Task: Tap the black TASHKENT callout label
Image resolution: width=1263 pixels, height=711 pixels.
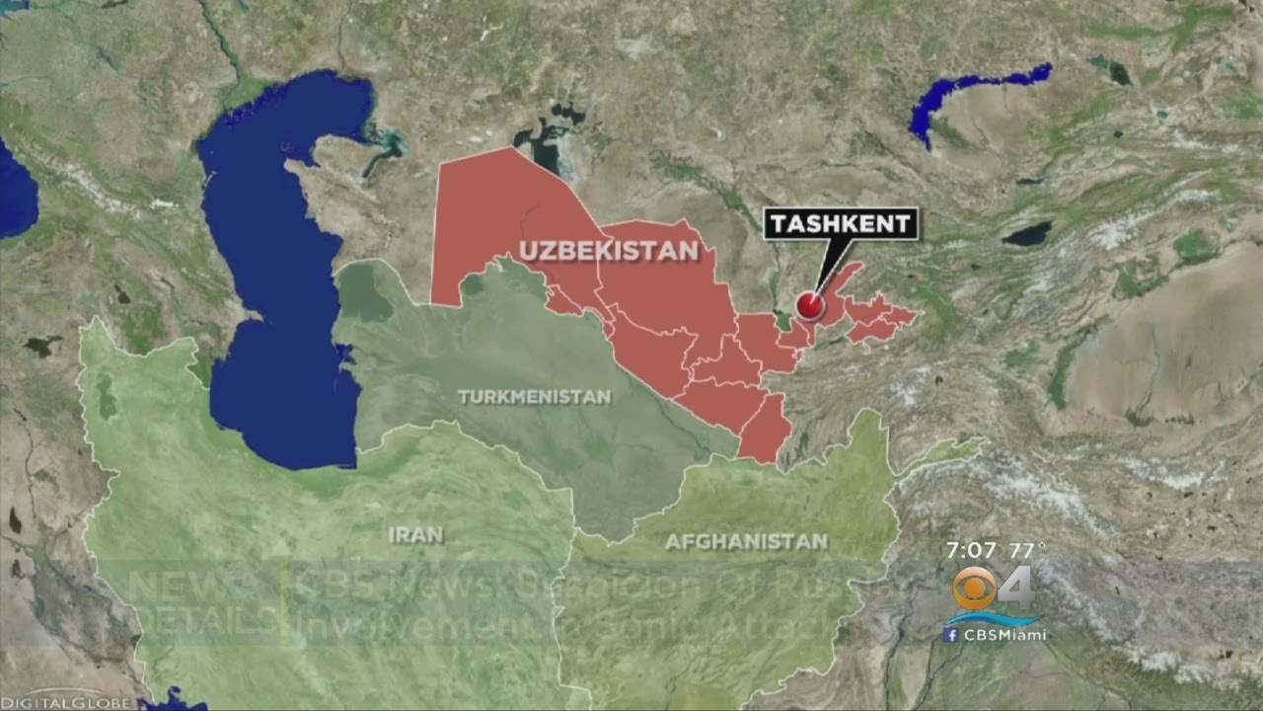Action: (x=841, y=223)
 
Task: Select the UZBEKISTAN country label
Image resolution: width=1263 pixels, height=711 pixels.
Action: (x=609, y=251)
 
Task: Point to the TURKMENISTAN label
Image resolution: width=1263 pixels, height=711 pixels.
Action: (x=534, y=397)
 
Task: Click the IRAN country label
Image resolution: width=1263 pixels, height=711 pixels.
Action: (x=415, y=534)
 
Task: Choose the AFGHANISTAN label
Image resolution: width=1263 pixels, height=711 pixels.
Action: (x=745, y=541)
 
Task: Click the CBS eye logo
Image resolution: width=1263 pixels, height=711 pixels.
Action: (x=974, y=590)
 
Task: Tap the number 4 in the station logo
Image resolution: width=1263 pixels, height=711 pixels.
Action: (x=1016, y=590)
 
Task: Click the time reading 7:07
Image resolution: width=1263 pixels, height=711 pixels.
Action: (x=971, y=549)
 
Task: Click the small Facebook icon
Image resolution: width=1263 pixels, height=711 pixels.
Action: (x=950, y=635)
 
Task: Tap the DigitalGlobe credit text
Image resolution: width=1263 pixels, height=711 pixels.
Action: (x=65, y=702)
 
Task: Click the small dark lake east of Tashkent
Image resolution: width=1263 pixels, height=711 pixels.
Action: (x=1026, y=234)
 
